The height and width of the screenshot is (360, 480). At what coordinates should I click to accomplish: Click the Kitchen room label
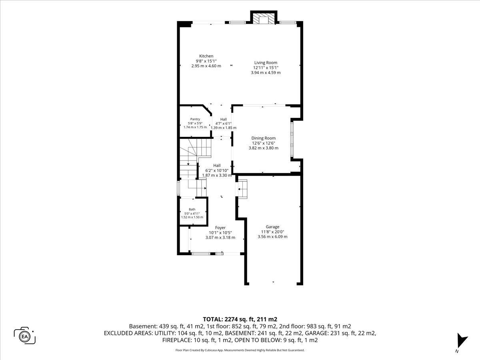(x=206, y=56)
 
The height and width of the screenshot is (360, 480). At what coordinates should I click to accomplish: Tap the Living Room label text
(x=266, y=63)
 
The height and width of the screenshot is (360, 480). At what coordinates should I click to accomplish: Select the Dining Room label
(x=264, y=138)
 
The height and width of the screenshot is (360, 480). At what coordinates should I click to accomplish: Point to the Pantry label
(x=195, y=119)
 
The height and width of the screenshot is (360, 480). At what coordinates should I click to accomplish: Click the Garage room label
(x=272, y=227)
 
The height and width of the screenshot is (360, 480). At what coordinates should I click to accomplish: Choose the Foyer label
(x=220, y=228)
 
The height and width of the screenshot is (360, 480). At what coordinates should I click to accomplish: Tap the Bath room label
(x=192, y=209)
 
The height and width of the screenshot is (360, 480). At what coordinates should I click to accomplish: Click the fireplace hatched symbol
(x=264, y=18)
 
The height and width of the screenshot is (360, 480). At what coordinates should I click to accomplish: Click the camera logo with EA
(x=24, y=336)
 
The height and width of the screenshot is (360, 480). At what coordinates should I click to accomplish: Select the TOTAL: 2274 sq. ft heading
(x=240, y=319)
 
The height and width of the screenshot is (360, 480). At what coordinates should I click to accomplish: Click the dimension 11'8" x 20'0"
(x=272, y=232)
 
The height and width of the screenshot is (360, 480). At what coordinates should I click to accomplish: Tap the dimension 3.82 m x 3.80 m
(x=264, y=148)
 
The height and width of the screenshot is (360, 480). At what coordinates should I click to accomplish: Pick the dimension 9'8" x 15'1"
(x=206, y=61)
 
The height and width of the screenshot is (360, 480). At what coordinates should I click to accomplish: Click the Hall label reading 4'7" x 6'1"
(x=224, y=124)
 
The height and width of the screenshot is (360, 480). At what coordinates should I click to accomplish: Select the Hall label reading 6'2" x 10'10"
(x=217, y=170)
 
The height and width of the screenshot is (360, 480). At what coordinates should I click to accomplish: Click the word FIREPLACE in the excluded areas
(x=177, y=340)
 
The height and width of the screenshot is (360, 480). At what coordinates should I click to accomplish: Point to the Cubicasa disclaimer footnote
(x=240, y=350)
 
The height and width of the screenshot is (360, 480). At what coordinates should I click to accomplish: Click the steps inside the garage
(x=243, y=189)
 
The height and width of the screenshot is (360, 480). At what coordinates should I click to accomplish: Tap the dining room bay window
(x=292, y=140)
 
